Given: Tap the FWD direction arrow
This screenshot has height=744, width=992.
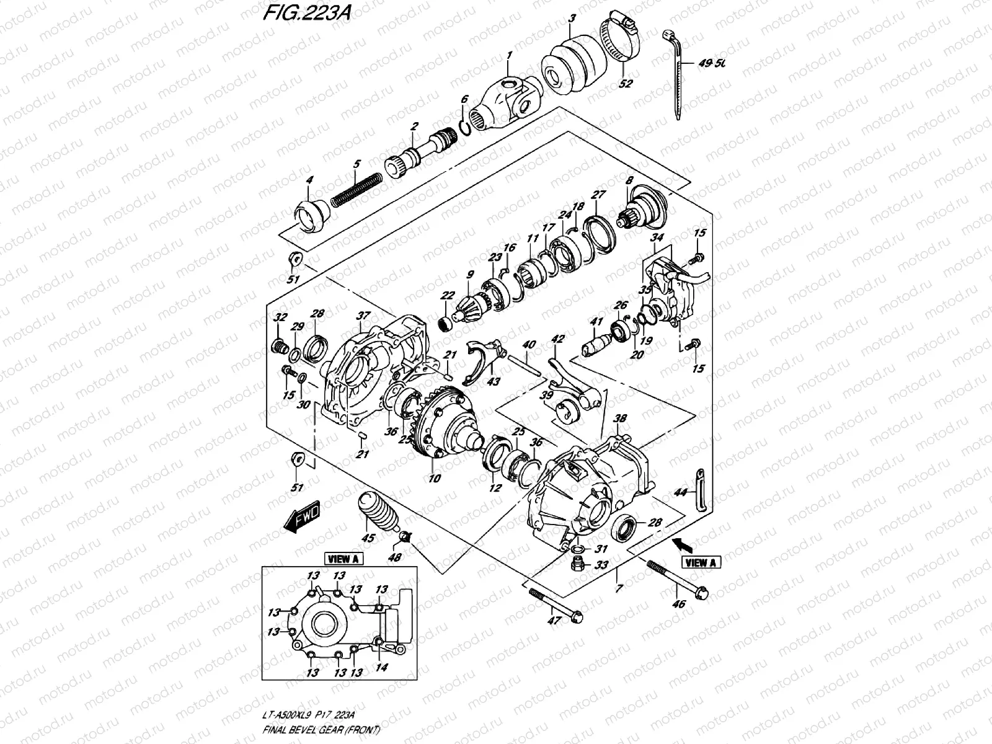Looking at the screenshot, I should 301,515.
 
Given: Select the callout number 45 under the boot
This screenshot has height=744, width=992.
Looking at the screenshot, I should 368,538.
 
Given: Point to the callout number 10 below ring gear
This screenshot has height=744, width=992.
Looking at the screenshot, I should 433,478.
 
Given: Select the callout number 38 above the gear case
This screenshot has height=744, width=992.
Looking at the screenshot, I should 619,419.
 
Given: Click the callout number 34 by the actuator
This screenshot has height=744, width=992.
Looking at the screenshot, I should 657,237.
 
